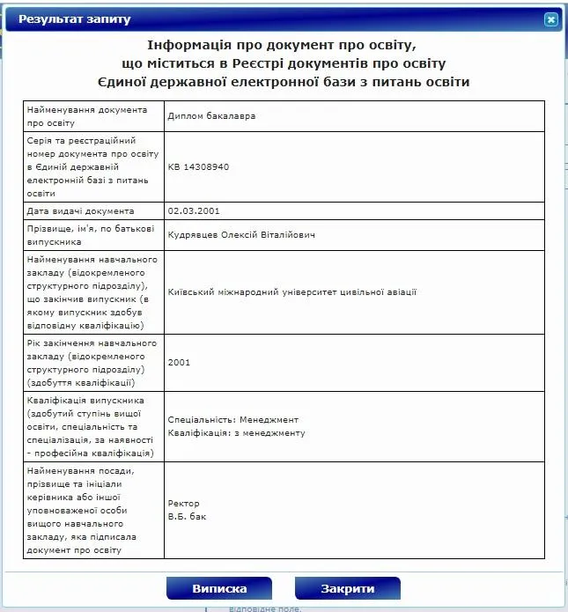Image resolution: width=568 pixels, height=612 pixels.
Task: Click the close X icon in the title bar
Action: (551, 18)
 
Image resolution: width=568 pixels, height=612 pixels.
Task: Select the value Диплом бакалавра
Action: (204, 115)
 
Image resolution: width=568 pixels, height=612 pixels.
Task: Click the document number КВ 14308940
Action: (198, 166)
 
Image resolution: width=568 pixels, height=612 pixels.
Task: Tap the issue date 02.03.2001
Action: (193, 211)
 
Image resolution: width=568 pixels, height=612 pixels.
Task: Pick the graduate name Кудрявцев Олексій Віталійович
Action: (240, 235)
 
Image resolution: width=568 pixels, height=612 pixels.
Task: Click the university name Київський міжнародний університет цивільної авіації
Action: (291, 292)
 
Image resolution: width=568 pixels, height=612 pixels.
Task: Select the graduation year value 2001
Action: (179, 362)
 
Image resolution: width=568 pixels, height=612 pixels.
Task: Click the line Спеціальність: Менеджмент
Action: (233, 420)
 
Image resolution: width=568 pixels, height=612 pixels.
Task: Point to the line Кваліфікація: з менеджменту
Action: (236, 433)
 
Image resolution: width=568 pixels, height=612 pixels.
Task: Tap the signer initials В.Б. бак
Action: (188, 517)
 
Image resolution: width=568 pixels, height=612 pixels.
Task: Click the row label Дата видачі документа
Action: (81, 211)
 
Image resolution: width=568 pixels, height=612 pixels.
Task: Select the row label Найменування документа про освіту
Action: (79, 115)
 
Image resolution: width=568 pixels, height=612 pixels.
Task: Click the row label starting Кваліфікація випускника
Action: (92, 426)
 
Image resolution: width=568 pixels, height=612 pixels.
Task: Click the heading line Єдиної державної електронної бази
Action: (284, 82)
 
